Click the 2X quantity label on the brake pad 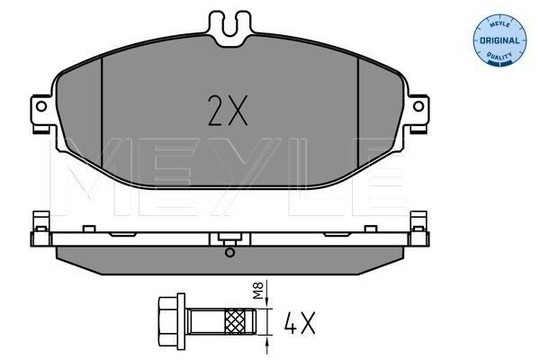(x=228, y=110)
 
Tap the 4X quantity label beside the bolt (x=300, y=323)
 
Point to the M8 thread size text (x=258, y=290)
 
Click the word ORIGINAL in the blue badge (x=499, y=40)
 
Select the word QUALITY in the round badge (x=499, y=56)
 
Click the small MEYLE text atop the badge (x=500, y=24)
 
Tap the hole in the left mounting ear (x=41, y=106)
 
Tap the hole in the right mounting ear (x=418, y=106)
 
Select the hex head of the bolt (x=172, y=321)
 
